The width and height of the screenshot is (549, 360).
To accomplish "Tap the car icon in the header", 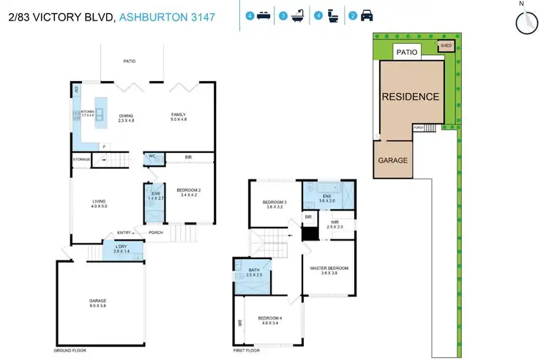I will click(x=367, y=15).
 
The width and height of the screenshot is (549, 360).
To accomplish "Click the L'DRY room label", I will click(x=121, y=249).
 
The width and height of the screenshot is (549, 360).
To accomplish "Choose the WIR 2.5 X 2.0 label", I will click(x=334, y=224).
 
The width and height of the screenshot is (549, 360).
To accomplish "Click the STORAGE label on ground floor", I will click(x=81, y=159).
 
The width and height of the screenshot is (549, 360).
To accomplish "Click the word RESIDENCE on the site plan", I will click(x=410, y=97).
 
